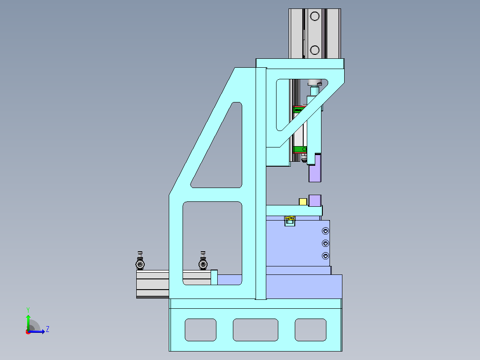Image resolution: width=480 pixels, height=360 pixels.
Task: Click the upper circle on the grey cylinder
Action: (315, 16)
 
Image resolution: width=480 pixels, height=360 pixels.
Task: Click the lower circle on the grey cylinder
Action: (315, 49)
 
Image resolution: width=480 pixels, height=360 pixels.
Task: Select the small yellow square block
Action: (303, 201)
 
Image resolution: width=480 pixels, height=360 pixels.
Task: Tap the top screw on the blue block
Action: (325, 231)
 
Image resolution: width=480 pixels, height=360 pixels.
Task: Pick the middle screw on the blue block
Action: (325, 243)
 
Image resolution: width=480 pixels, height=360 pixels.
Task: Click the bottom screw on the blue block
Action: (325, 256)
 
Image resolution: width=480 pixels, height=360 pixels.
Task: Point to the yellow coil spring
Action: (290, 218)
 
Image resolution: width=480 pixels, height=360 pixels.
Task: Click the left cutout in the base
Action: (200, 330)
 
